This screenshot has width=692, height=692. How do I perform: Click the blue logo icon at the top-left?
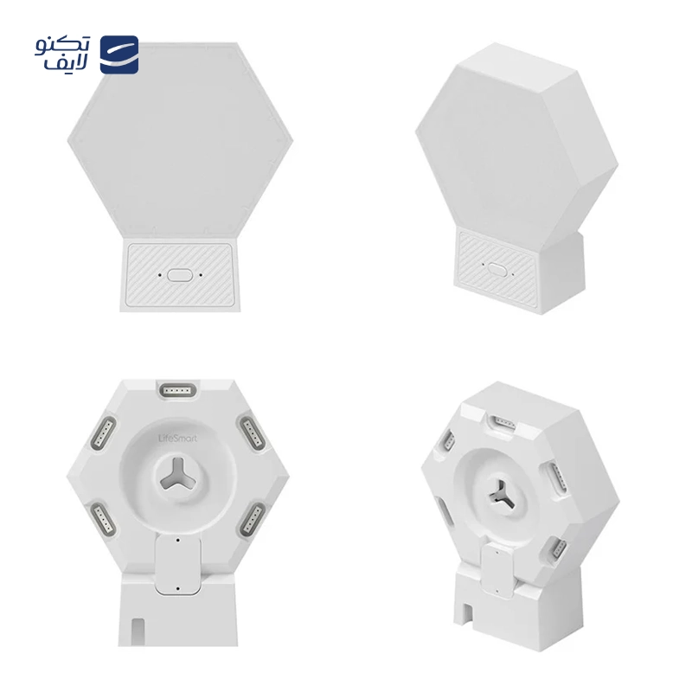[119, 54]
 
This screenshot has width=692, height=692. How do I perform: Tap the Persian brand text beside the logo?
[62, 54]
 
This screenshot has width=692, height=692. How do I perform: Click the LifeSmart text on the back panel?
[177, 439]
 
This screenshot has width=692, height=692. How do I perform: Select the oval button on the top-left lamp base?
[180, 275]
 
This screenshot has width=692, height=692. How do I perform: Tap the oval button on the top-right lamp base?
[497, 269]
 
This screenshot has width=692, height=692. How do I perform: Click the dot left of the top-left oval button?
[160, 275]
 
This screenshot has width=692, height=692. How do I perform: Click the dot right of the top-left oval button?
[201, 275]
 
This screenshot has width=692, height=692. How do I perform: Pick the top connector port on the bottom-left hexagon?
[178, 391]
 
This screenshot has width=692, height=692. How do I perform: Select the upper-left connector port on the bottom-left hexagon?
[103, 433]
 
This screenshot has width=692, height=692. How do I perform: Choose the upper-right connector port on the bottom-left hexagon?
[252, 433]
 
